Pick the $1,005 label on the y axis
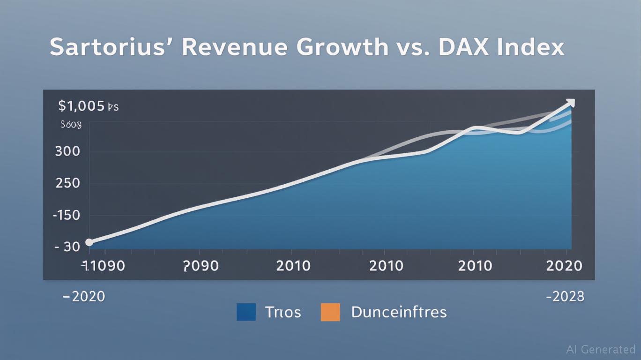point(82,106)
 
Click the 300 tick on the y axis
point(67,151)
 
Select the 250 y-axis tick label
point(67,183)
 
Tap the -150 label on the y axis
point(66,215)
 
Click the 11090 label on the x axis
point(103,266)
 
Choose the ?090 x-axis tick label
point(201,266)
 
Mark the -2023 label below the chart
point(566,296)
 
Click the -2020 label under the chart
point(84,296)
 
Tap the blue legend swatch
point(246,312)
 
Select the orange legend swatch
point(330,312)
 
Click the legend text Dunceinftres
point(399,312)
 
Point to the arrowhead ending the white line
point(570,103)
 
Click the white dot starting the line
point(89,242)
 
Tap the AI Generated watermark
point(601,349)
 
